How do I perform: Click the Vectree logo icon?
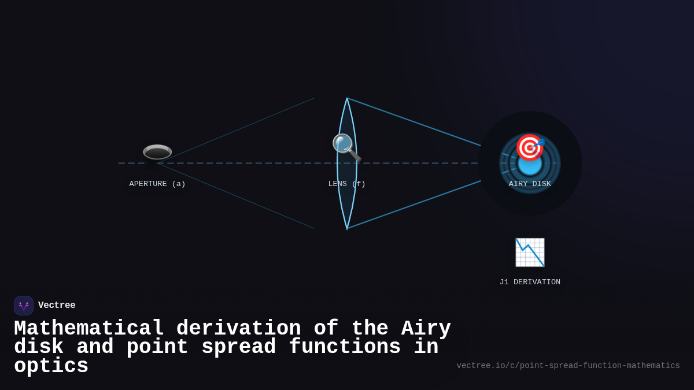[24, 306]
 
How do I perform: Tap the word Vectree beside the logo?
[57, 306]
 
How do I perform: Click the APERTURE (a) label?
[157, 184]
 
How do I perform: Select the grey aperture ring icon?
[157, 152]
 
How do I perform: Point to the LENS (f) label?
[347, 184]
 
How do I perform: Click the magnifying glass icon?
[346, 147]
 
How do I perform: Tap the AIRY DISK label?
[530, 184]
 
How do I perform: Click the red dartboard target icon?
[529, 147]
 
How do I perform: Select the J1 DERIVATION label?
[530, 283]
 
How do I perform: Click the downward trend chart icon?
[530, 252]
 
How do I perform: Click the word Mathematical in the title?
[89, 329]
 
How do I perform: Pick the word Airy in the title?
[426, 329]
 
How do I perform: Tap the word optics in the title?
[51, 366]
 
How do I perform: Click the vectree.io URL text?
[568, 366]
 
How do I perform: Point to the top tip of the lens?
[347, 99]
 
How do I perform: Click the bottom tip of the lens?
[347, 228]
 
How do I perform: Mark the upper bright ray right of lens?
[414, 122]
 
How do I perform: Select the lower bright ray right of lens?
[414, 205]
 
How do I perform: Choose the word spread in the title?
[238, 347]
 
